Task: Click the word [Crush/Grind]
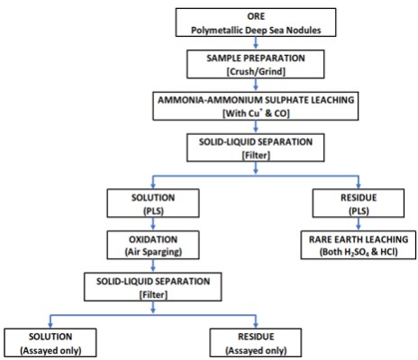click(256, 72)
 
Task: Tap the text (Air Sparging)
click(153, 252)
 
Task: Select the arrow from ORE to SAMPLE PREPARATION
click(256, 43)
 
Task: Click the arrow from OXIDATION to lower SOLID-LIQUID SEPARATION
click(153, 265)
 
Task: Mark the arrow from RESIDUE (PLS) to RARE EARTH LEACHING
click(359, 224)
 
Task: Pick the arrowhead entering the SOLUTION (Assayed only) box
click(50, 325)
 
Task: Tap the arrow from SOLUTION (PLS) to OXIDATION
click(153, 224)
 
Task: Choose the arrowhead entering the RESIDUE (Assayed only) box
click(256, 325)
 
